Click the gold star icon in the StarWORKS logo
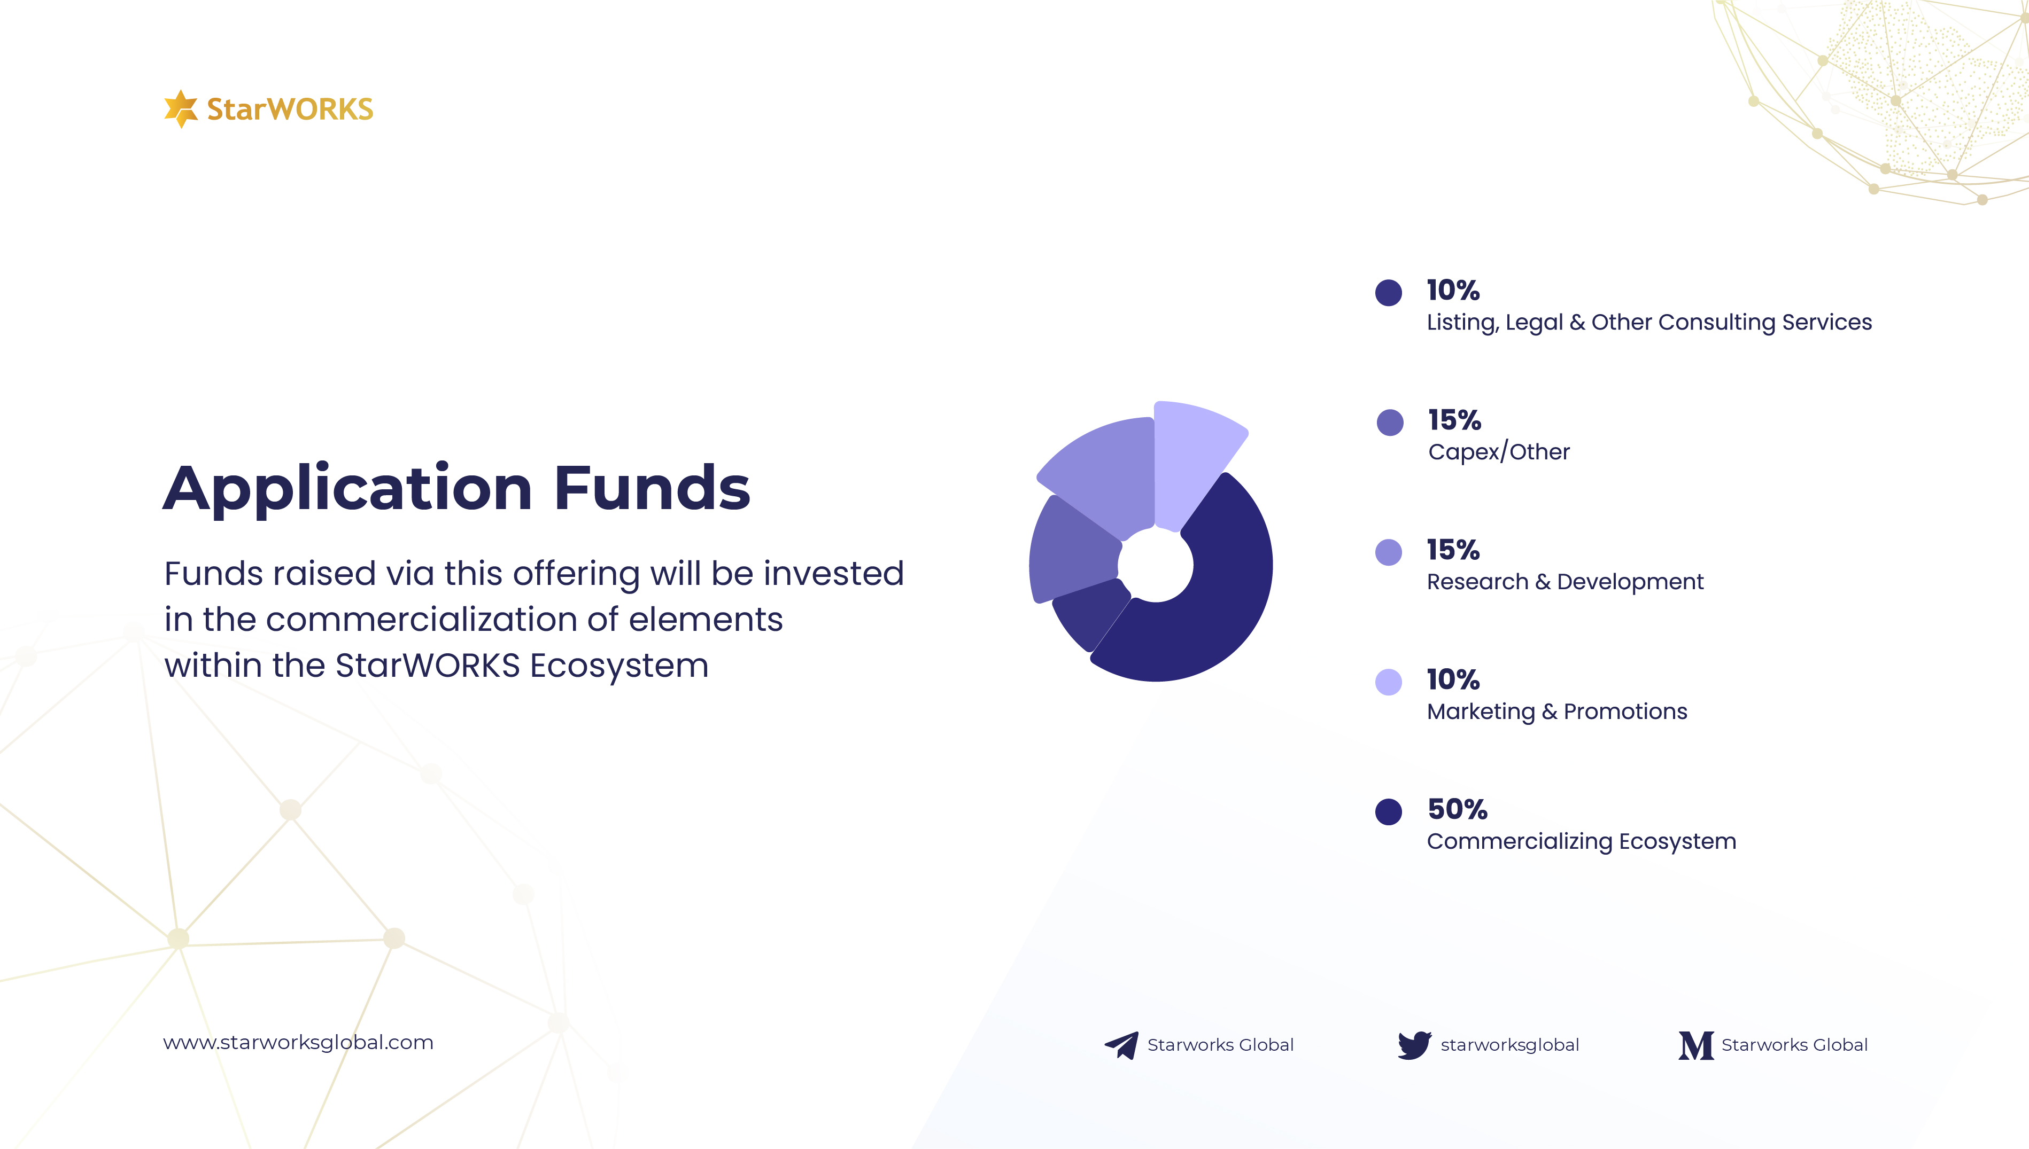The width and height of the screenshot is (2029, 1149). point(181,108)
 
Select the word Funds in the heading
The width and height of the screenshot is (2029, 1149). point(652,488)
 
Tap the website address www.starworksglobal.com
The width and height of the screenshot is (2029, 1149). point(298,1043)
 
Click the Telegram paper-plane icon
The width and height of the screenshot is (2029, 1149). point(1121,1045)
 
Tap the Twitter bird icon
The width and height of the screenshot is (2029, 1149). point(1414,1045)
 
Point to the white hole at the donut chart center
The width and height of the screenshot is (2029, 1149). point(1156,564)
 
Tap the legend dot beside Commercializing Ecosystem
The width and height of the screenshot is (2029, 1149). point(1389,811)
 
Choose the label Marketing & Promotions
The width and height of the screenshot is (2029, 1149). point(1557,712)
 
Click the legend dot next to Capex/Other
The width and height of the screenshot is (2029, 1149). point(1390,422)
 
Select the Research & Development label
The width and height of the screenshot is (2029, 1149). point(1565,582)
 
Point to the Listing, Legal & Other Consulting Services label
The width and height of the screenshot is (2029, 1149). point(1649,323)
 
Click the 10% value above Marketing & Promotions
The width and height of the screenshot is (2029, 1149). point(1453,679)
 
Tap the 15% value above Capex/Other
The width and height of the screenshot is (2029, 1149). point(1454,420)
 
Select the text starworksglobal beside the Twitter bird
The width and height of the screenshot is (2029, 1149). point(1509,1045)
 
